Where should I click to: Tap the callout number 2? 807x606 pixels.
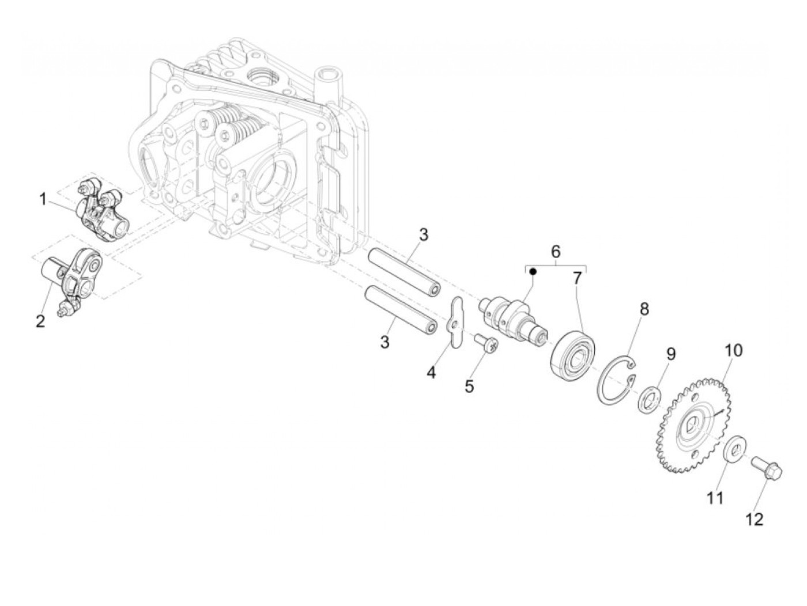(x=40, y=321)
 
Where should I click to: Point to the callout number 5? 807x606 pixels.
(x=469, y=386)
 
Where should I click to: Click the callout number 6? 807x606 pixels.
(x=555, y=252)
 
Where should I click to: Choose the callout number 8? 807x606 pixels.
(x=643, y=309)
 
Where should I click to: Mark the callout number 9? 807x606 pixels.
(x=670, y=353)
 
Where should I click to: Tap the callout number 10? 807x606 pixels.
(x=734, y=350)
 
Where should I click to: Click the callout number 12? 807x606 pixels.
(x=754, y=519)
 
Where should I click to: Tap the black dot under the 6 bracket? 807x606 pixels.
(x=534, y=271)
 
